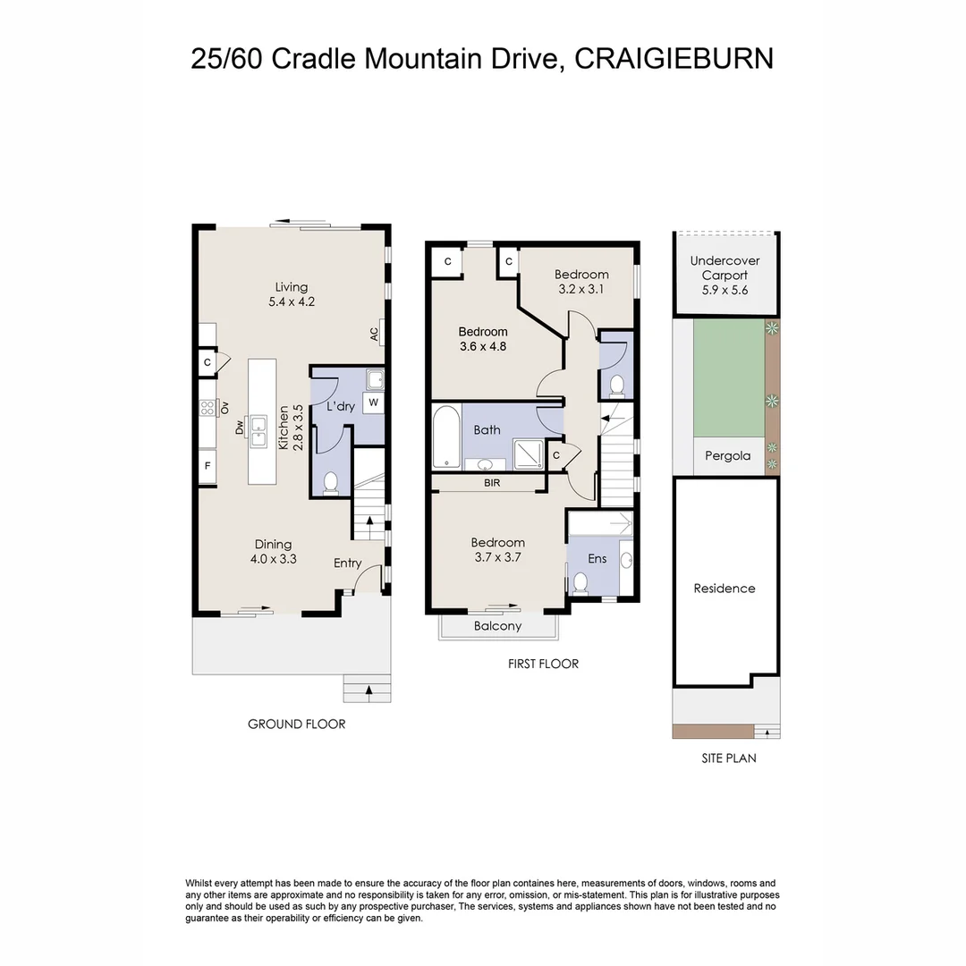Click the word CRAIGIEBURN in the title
click(x=673, y=58)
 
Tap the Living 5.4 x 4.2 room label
click(x=292, y=294)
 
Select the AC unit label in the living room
click(x=375, y=333)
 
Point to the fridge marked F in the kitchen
click(x=208, y=466)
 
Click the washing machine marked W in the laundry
click(x=373, y=402)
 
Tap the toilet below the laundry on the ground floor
click(x=330, y=482)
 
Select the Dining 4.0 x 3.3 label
click(x=274, y=551)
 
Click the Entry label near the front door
click(x=348, y=563)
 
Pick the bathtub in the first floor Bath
click(x=445, y=436)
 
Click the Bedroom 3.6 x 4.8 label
click(x=483, y=339)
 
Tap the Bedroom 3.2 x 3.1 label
click(x=581, y=282)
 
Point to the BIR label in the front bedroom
click(x=491, y=483)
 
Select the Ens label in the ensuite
click(x=597, y=559)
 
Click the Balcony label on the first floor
click(x=497, y=626)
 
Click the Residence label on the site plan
click(x=724, y=589)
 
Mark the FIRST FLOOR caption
click(x=543, y=664)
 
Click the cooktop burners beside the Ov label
click(x=208, y=408)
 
